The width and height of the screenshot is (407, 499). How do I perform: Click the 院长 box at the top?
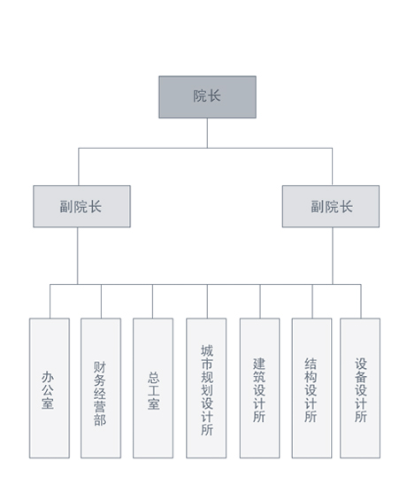[x=207, y=96]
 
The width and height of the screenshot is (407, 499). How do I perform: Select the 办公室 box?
[x=50, y=388]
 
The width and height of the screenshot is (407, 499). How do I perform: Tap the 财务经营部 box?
[x=101, y=388]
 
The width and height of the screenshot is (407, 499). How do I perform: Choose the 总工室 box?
[x=153, y=388]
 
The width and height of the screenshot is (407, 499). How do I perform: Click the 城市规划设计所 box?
[x=206, y=388]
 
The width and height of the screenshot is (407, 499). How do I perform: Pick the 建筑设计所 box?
[x=259, y=388]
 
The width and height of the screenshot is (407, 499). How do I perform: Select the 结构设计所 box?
[x=311, y=388]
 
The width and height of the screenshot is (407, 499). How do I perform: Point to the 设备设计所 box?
[x=360, y=388]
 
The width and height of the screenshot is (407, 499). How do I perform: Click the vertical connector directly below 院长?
[x=207, y=133]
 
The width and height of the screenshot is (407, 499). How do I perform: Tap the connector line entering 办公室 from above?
[x=50, y=301]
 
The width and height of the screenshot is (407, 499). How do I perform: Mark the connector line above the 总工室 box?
[x=152, y=301]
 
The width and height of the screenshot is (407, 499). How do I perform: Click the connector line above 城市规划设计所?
[x=207, y=301]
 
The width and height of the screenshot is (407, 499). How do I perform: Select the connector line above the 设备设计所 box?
[x=361, y=301]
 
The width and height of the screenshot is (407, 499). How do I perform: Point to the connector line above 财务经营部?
[x=101, y=301]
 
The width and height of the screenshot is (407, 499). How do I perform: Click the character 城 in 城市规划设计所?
[x=207, y=350]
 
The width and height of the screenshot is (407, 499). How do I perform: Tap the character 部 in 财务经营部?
[x=100, y=419]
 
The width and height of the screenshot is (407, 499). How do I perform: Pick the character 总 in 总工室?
[x=153, y=378]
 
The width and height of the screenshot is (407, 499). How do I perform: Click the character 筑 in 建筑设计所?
[x=259, y=377]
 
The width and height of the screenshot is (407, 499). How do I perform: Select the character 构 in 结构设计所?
[x=311, y=377]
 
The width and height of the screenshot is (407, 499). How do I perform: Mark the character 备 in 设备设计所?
[x=361, y=377]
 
